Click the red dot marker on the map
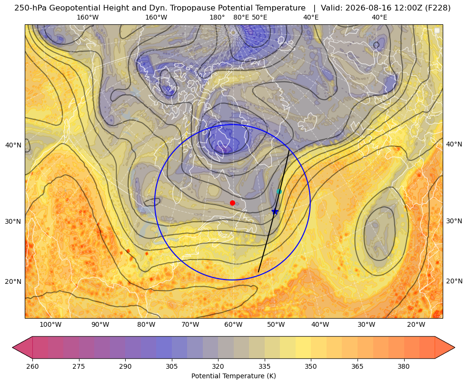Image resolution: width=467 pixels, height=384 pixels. (x=233, y=203)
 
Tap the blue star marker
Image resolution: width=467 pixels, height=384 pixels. (x=275, y=211)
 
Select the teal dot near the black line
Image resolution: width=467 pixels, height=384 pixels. (x=279, y=192)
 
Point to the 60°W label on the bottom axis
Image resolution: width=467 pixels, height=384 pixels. (x=233, y=324)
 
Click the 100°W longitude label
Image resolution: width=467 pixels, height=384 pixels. (x=50, y=324)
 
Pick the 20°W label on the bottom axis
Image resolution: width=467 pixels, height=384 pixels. (x=416, y=324)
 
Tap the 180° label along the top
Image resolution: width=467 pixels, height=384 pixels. (x=217, y=17)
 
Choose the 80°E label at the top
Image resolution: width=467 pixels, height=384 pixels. (x=241, y=17)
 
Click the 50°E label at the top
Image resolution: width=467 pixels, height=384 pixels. (x=260, y=17)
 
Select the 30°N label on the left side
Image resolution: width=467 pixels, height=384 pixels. (x=13, y=221)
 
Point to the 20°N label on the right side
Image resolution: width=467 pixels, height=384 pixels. (x=454, y=281)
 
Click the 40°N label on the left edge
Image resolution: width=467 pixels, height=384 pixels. (x=13, y=145)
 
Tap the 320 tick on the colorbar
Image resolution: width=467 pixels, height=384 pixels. (x=218, y=366)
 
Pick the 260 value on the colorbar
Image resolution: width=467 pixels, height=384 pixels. (x=32, y=366)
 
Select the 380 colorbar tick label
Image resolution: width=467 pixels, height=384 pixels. (x=404, y=366)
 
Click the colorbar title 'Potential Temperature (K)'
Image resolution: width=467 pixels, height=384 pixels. (x=233, y=376)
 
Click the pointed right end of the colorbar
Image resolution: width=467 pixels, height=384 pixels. (x=454, y=347)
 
